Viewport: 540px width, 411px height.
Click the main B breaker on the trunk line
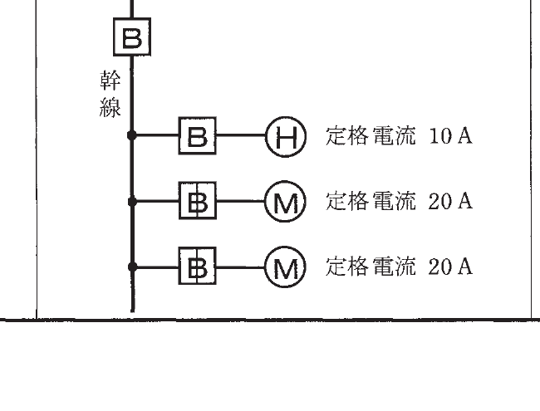[132, 37]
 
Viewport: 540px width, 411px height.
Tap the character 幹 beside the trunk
[110, 80]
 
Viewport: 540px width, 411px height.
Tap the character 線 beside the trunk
[110, 107]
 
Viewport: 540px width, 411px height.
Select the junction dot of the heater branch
[132, 135]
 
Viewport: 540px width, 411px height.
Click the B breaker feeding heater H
[198, 135]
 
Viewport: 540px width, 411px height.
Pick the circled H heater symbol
[286, 137]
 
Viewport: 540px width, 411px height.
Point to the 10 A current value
[450, 135]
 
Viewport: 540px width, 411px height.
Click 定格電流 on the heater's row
[371, 135]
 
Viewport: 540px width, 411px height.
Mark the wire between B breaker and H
[241, 135]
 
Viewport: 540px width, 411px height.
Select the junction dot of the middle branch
[132, 201]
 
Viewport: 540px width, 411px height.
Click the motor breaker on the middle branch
[198, 201]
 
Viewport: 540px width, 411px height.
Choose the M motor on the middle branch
[285, 202]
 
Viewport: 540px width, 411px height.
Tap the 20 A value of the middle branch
[450, 201]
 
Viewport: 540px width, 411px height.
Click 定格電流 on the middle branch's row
[371, 201]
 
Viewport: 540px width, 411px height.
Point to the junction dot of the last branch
[132, 267]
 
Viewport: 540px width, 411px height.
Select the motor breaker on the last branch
[198, 266]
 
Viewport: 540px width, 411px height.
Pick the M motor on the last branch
[285, 267]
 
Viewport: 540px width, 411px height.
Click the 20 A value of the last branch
[450, 267]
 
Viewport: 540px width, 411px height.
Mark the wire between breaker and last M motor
[241, 267]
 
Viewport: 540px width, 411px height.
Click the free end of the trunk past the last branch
[132, 311]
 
